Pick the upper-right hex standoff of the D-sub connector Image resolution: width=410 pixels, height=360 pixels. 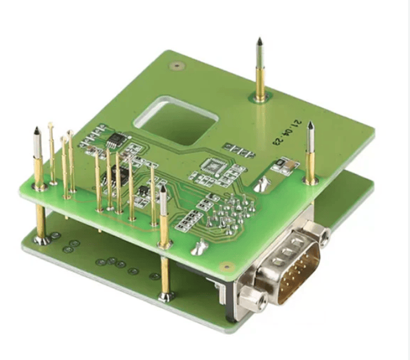point(323,238)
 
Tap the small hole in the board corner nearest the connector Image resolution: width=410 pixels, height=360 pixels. point(226,267)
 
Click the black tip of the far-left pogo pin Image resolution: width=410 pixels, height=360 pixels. point(37,131)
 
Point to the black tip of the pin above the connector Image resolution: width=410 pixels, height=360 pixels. point(310,127)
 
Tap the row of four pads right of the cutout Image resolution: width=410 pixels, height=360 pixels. point(235,148)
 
